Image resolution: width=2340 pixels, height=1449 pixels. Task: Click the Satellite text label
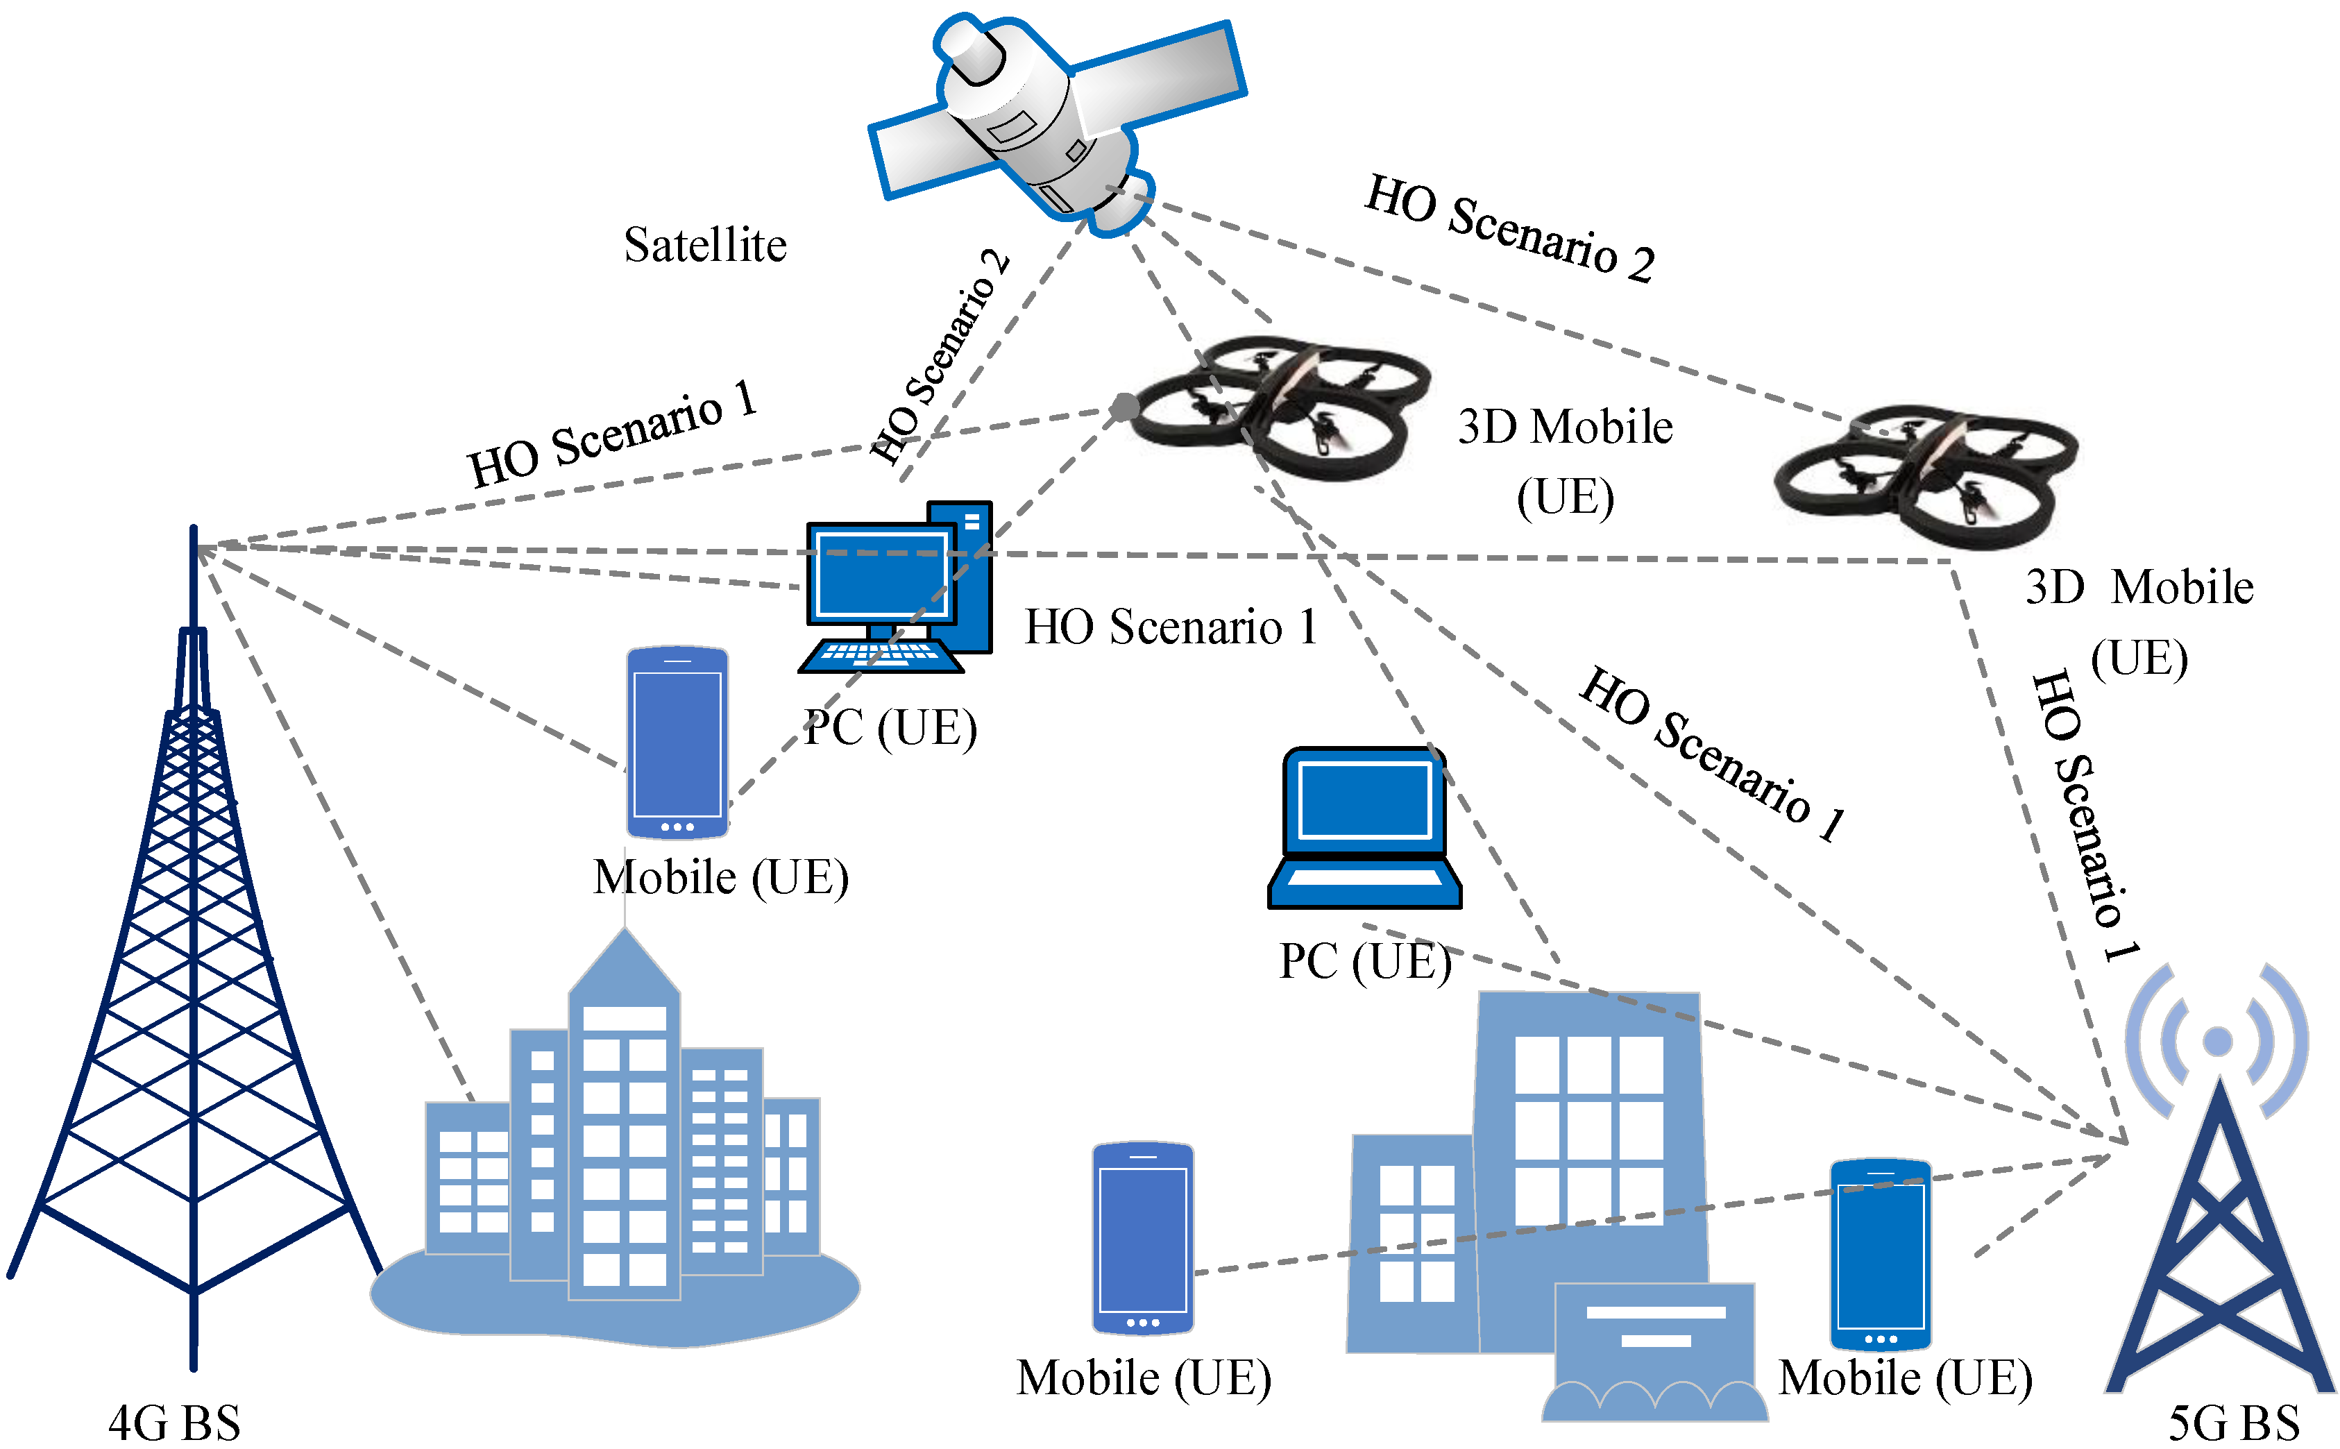point(705,246)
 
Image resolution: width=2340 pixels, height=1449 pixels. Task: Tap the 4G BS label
point(174,1422)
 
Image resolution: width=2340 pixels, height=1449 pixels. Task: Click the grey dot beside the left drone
point(1124,407)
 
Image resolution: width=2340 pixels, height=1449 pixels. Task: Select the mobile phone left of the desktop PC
point(677,743)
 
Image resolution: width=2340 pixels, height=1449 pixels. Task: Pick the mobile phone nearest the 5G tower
point(1880,1255)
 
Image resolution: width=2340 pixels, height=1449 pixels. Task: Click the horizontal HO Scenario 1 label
point(1171,628)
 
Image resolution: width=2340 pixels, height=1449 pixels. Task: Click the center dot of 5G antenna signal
point(2217,1041)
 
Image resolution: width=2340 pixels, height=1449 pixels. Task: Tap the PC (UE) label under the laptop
point(1364,962)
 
